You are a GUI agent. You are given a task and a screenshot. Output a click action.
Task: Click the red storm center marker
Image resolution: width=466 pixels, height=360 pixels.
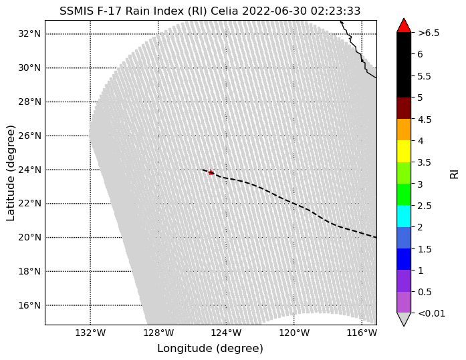coord(211,172)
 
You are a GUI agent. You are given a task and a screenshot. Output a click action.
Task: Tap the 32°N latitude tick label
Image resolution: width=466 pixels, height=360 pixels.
coord(29,34)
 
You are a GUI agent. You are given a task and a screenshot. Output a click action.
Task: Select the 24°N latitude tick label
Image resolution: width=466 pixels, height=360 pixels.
coord(29,170)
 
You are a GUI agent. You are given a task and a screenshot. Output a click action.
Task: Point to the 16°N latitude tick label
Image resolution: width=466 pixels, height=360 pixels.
coord(29,305)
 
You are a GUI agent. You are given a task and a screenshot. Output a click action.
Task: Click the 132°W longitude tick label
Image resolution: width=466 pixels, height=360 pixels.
coord(90,333)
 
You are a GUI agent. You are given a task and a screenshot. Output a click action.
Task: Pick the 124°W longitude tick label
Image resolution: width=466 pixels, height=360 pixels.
coord(226,333)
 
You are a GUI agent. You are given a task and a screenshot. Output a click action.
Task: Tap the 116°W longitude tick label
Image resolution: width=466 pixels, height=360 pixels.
coord(362,333)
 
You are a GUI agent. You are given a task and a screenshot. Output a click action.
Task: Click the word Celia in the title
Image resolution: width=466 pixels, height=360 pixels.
coord(225,11)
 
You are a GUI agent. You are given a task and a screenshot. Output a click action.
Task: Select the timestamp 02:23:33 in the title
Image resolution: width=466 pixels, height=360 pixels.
coord(336,11)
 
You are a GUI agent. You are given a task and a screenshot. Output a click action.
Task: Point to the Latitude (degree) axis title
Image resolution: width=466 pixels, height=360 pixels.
coord(11,173)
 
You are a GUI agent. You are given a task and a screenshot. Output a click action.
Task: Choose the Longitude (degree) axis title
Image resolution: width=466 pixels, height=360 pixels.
coord(210,349)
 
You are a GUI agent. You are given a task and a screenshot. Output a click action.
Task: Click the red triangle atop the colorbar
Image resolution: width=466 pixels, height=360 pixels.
coord(404,25)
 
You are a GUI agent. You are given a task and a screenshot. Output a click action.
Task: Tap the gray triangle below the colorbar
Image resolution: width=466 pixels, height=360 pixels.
coord(404,319)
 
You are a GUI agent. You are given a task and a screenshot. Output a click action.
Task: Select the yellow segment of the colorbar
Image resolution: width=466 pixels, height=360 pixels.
coord(404,152)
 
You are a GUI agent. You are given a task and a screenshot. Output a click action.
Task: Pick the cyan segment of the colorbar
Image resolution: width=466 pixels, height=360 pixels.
coord(404,216)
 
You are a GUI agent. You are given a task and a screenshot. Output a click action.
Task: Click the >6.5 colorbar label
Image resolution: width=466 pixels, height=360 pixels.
coord(429,33)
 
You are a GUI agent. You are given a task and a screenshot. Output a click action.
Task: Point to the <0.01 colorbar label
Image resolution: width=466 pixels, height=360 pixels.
coord(431,313)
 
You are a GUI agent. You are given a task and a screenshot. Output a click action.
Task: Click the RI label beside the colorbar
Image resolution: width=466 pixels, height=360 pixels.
coord(455,174)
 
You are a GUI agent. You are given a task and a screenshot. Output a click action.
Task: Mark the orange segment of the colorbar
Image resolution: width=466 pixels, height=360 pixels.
coord(404,130)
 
